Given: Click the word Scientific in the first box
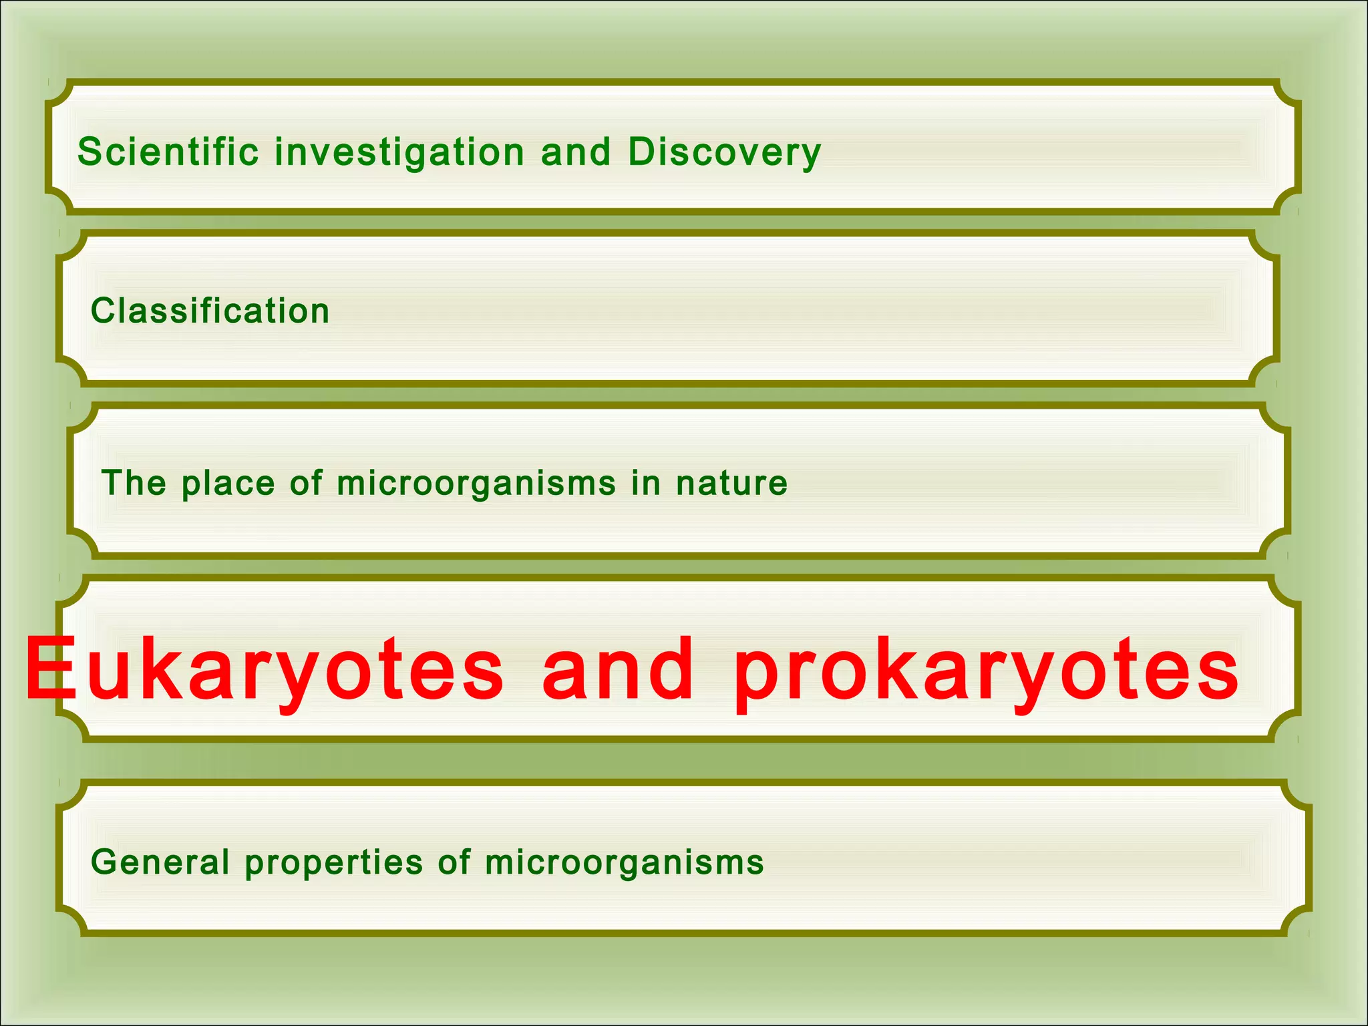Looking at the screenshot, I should (168, 152).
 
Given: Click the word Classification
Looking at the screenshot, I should (210, 311).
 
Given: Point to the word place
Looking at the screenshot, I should (228, 484).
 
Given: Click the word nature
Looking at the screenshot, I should (731, 483).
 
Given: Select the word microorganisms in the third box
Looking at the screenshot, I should (476, 484).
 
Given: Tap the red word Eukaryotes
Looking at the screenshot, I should (265, 670).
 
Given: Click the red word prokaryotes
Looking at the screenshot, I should (985, 670).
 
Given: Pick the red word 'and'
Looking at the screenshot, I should (618, 669).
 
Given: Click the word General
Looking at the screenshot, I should (160, 862).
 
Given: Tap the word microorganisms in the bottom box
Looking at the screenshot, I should (624, 862).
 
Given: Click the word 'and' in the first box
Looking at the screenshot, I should (576, 152).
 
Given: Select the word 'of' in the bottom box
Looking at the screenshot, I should (454, 862).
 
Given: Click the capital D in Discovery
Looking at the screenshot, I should (643, 152).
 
